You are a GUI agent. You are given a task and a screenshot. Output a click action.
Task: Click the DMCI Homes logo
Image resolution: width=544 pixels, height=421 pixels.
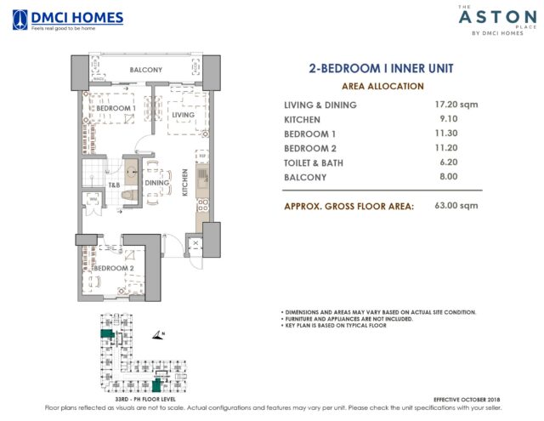(68, 19)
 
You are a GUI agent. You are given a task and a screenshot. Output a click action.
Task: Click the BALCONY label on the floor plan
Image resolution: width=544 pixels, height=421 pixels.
(145, 70)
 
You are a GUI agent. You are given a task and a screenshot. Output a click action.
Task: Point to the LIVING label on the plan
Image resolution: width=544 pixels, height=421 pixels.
(183, 115)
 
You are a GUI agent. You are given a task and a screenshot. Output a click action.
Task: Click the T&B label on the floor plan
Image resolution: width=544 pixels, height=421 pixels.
(112, 185)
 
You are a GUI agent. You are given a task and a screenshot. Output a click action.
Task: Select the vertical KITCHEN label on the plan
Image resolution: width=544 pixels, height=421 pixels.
(185, 184)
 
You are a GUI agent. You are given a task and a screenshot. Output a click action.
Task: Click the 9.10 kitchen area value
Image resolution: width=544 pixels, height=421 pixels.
(434, 119)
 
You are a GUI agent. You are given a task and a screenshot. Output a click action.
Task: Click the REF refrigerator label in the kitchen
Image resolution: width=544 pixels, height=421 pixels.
(201, 155)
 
